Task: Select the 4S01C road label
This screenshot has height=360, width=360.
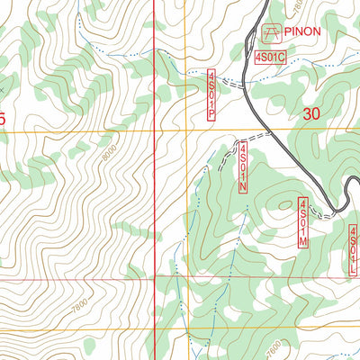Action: pos(269,58)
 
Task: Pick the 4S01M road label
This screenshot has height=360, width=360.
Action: pos(303,223)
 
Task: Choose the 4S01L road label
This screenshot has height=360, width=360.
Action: pos(353,250)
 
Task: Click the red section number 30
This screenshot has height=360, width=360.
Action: pos(311,114)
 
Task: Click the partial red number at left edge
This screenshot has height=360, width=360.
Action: pos(3,117)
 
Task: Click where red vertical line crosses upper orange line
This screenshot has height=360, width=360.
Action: pos(154,131)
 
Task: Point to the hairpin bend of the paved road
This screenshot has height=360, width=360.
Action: pos(334,211)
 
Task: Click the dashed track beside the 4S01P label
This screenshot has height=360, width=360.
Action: pos(229,82)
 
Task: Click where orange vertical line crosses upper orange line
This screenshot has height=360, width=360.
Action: pos(186,131)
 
